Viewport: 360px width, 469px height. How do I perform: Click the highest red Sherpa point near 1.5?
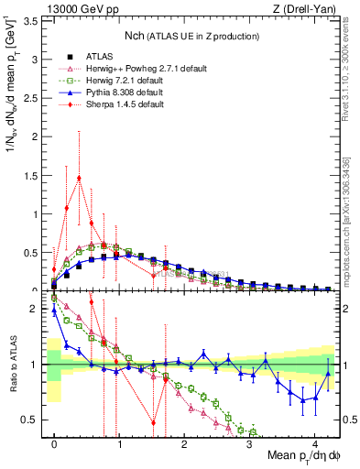[80, 179]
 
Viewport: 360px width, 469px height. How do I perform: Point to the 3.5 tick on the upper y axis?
[32, 20]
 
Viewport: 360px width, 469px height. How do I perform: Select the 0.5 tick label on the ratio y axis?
[32, 420]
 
